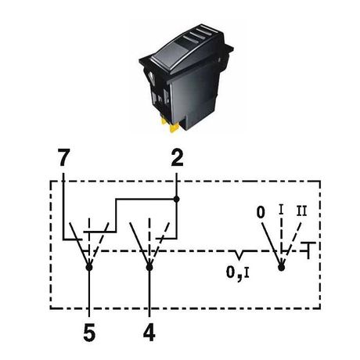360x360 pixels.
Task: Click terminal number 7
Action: (63, 158)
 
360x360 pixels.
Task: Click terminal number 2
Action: (177, 158)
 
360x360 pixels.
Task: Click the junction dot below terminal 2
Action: (177, 200)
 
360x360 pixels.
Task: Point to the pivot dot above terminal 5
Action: (89, 268)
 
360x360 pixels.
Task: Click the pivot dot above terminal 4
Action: (149, 268)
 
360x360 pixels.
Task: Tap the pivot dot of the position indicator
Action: (281, 268)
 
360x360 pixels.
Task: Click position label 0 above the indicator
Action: (261, 212)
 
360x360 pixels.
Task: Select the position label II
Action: (301, 211)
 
